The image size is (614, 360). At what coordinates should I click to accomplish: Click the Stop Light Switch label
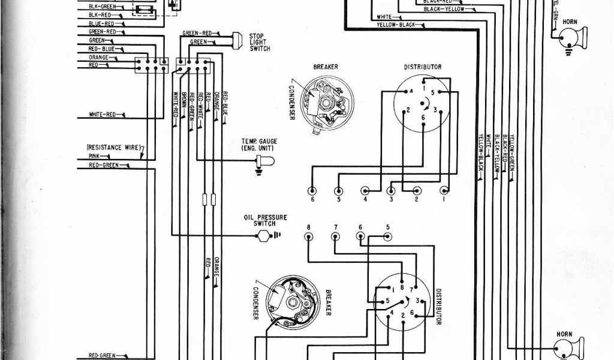[x=257, y=44]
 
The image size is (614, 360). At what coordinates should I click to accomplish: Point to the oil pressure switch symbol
[x=263, y=235]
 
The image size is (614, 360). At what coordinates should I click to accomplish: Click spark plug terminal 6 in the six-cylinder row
[x=311, y=191]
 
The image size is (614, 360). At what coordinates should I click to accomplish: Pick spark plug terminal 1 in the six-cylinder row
[x=444, y=191]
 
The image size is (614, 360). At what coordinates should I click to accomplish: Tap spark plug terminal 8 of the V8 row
[x=308, y=236]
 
